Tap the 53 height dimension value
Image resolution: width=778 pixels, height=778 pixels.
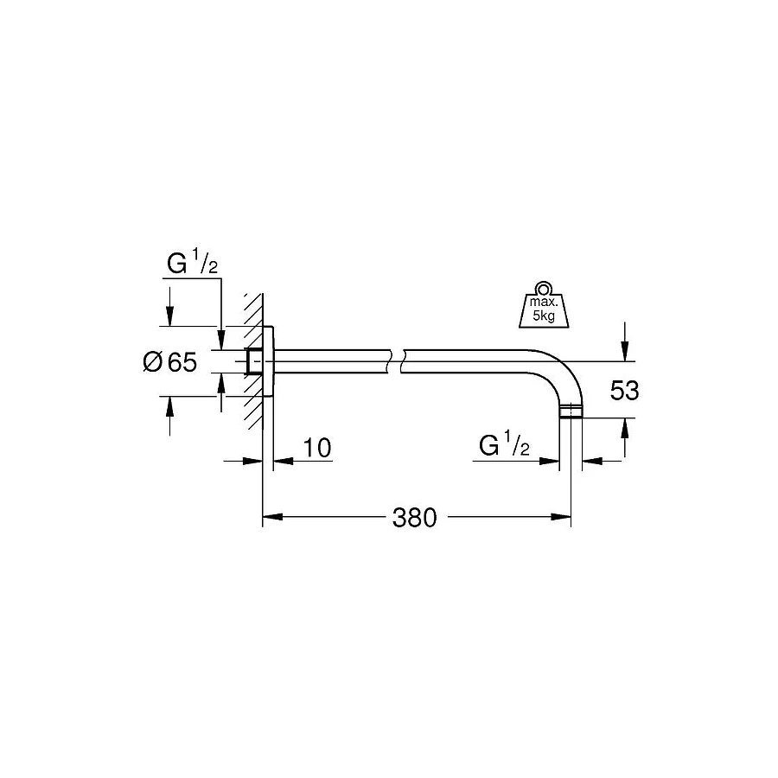click(624, 391)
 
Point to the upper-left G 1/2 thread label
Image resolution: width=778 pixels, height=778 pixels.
click(191, 264)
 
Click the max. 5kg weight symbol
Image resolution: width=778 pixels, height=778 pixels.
click(542, 307)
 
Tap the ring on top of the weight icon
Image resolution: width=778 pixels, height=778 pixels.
click(542, 289)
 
